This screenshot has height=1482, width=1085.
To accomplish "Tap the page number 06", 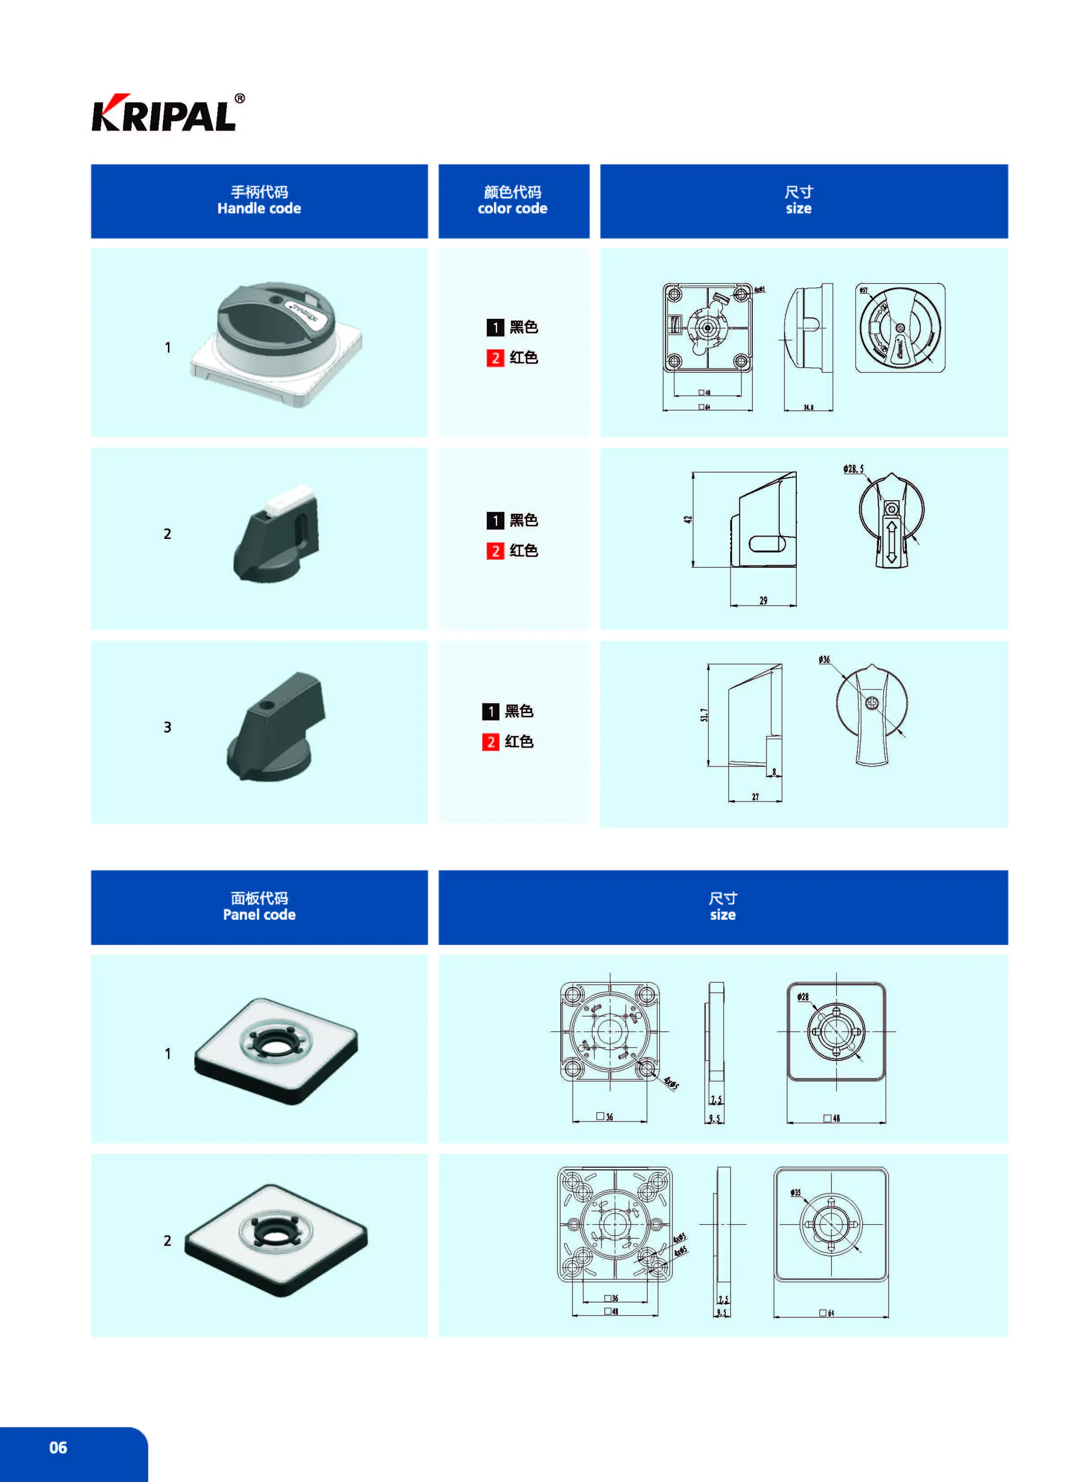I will click(x=58, y=1447).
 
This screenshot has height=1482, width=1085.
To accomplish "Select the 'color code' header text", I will click(x=512, y=208).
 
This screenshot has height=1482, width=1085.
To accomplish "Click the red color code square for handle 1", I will click(x=494, y=358).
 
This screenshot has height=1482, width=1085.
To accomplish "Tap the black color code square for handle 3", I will click(x=490, y=711).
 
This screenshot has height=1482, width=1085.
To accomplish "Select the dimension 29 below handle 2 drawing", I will click(x=763, y=600).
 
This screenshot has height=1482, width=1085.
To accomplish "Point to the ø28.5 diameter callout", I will click(x=853, y=469).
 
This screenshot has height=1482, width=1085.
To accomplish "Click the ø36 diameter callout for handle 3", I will click(x=824, y=659).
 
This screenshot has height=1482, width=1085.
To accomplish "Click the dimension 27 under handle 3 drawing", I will click(x=755, y=797).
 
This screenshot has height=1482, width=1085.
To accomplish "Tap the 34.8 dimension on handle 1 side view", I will click(x=808, y=408).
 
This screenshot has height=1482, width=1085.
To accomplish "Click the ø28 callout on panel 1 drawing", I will click(x=803, y=997).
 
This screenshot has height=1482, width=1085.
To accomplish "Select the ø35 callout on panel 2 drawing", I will click(x=795, y=1192).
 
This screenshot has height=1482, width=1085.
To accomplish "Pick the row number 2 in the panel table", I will click(x=168, y=1240).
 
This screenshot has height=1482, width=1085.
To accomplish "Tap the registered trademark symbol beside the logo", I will click(x=240, y=98).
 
